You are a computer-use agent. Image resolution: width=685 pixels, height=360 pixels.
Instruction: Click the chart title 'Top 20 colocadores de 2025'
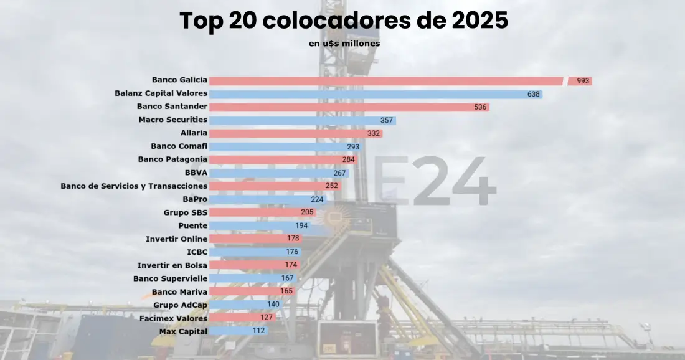344,21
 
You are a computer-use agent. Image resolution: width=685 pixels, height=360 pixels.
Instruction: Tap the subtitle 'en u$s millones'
344,44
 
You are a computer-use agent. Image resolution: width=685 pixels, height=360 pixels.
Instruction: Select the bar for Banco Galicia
386,80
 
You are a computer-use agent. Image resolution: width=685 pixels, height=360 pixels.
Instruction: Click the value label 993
583,81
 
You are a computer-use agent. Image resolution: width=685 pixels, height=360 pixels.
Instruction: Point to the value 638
534,94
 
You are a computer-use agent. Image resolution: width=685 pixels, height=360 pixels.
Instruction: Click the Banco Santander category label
172,107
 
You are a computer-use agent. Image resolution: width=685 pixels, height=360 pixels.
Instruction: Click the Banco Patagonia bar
274,160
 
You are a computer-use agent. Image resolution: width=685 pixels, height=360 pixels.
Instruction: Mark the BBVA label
196,173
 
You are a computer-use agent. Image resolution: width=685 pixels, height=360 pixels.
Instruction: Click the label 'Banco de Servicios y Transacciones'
134,186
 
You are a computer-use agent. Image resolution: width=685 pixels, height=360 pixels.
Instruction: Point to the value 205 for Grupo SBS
307,212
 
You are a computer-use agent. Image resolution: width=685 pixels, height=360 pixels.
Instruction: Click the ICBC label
197,252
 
